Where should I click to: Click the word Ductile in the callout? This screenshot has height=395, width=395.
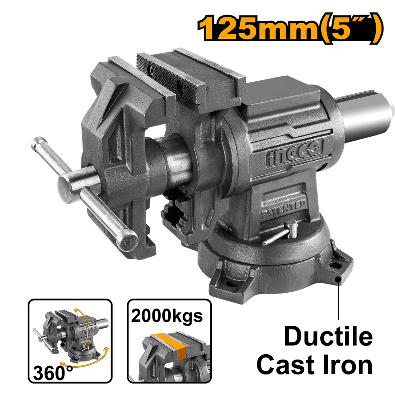[328, 336]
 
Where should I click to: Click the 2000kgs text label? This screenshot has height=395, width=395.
[167, 316]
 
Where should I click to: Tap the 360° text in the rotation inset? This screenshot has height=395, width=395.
[53, 373]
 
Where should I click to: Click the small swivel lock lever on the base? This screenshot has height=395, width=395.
[281, 232]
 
